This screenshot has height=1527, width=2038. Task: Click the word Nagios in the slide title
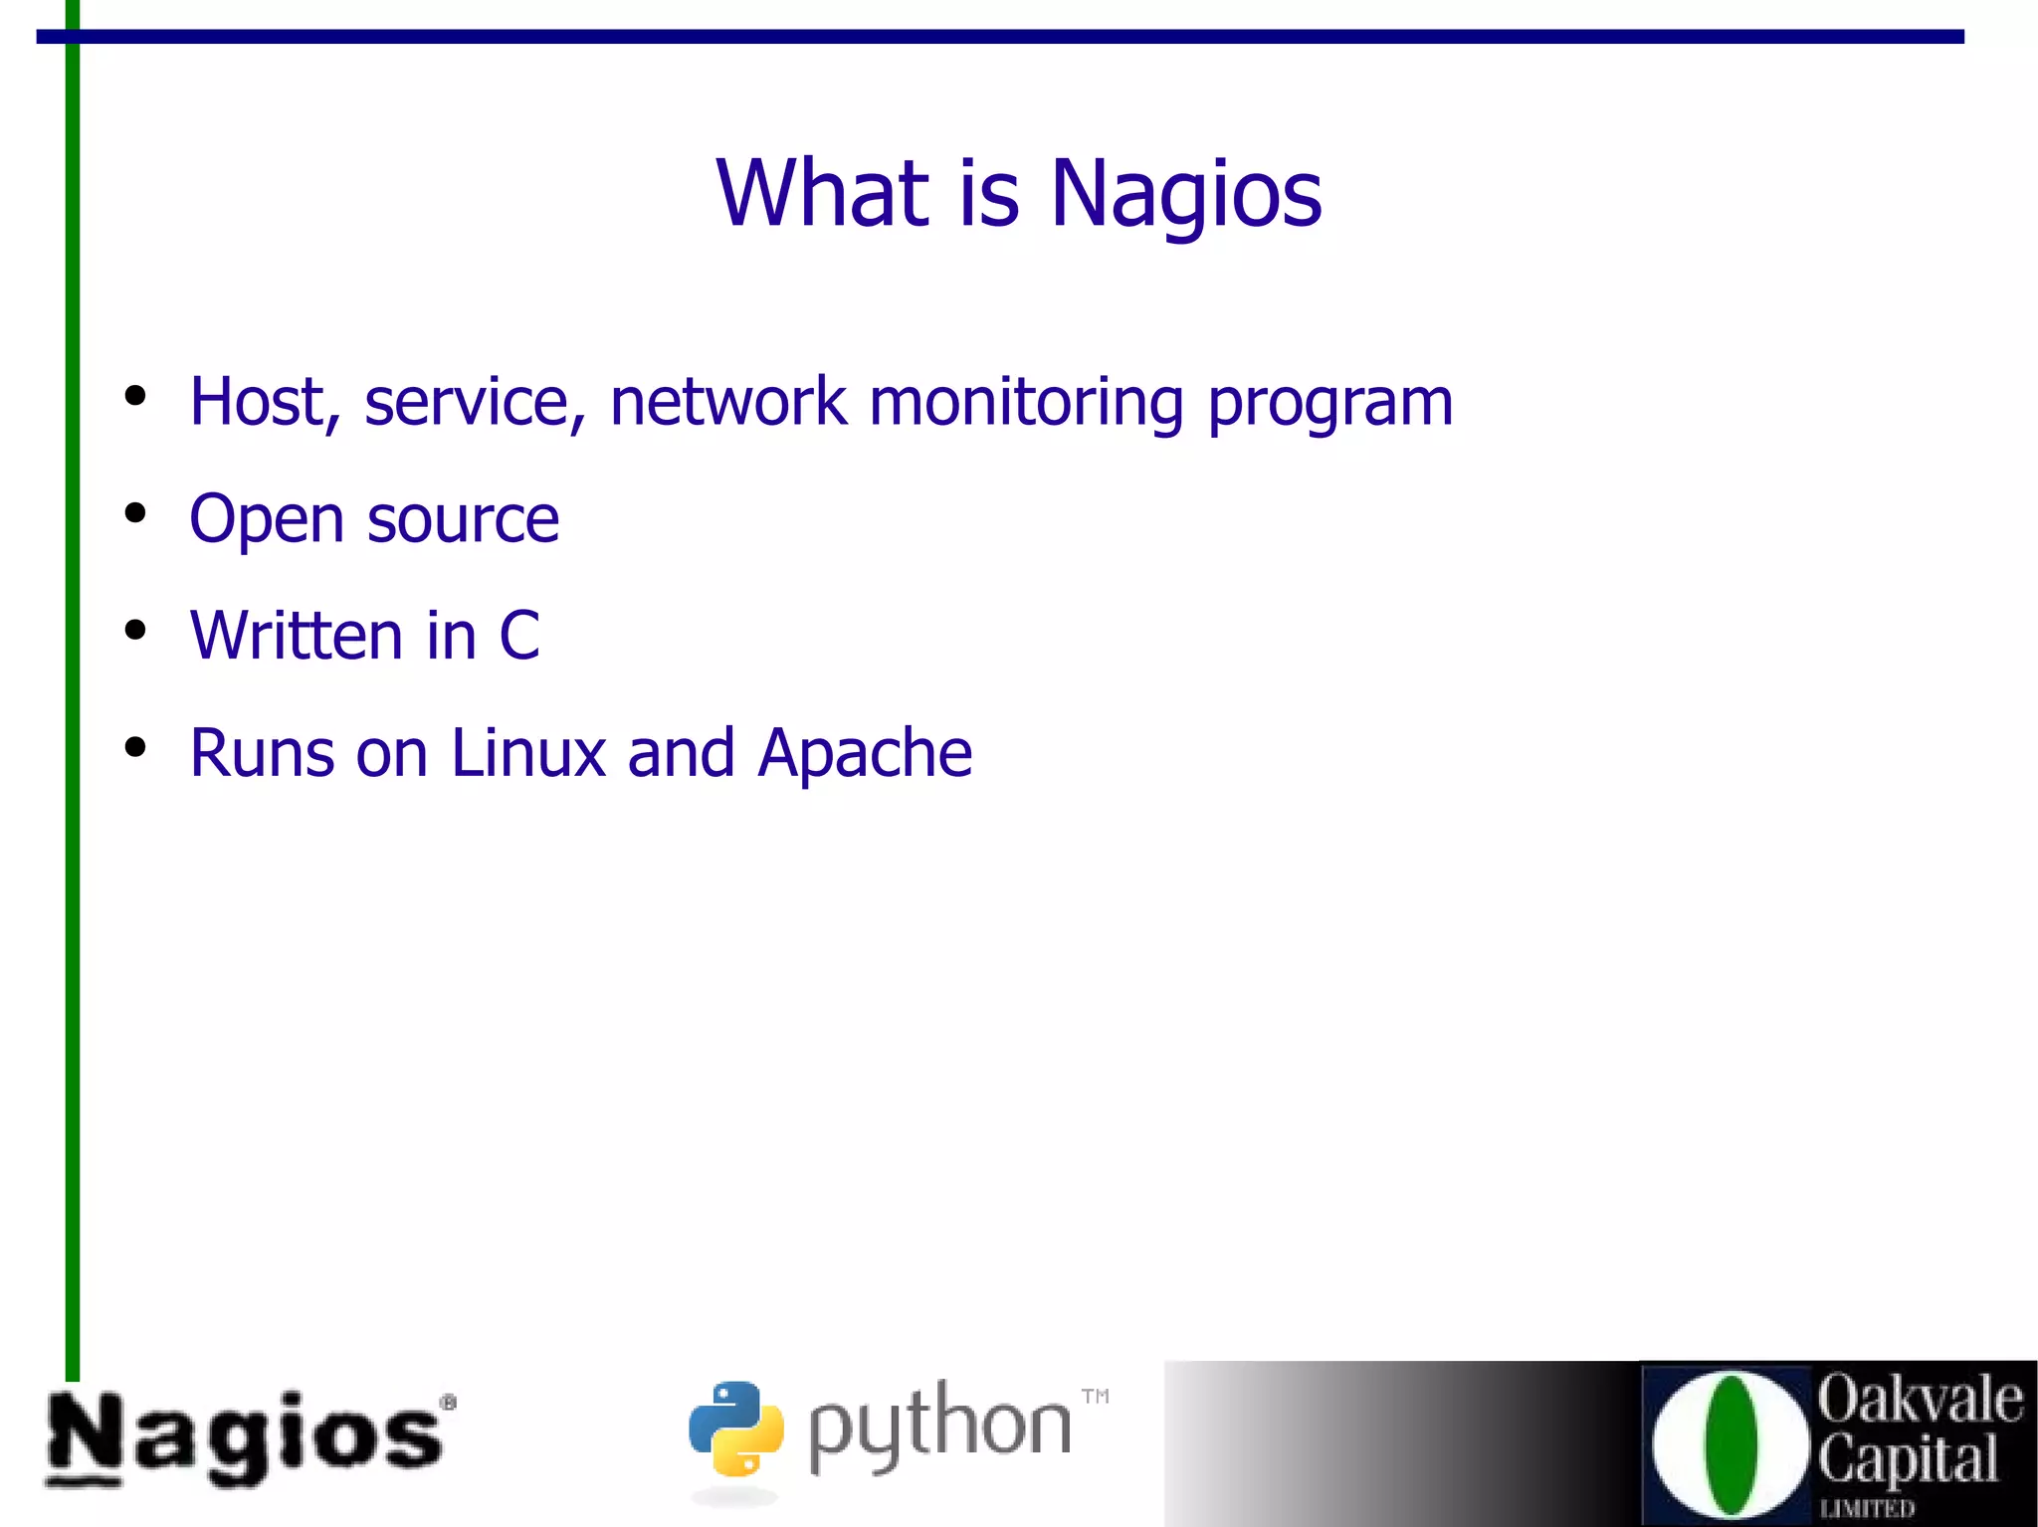point(1186,194)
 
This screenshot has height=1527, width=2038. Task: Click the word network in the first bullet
point(728,402)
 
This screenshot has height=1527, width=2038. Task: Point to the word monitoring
point(1026,404)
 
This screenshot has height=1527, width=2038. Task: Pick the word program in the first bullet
point(1330,404)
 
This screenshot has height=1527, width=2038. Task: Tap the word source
point(463,520)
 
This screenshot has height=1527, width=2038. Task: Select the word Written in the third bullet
point(296,636)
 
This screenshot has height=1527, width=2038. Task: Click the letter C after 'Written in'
point(519,636)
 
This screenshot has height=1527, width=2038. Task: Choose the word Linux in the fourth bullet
point(528,753)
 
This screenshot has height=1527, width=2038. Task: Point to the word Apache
point(865,754)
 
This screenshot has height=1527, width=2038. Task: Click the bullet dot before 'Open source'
point(135,514)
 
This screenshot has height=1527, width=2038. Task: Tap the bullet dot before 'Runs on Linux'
point(135,747)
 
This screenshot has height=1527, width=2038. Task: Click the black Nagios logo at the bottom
point(249,1438)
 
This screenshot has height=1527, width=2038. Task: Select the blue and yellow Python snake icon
point(736,1429)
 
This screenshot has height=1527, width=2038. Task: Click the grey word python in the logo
point(938,1427)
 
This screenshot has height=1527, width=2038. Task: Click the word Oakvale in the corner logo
point(1920,1398)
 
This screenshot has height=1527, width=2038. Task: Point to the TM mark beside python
point(1095,1396)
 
